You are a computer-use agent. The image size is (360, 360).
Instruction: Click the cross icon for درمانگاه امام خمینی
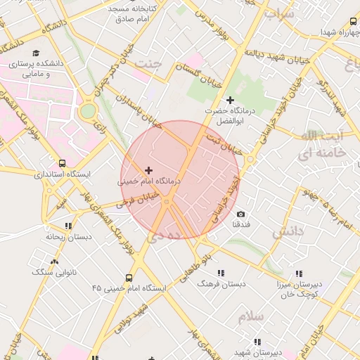pos(148,170)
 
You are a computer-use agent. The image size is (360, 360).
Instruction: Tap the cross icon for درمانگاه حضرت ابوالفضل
pos(230,101)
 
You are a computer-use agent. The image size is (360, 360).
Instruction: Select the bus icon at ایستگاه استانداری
pos(63,163)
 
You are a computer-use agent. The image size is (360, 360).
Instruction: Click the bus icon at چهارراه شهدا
pos(352,22)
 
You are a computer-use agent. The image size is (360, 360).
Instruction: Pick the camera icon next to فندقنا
pos(241,214)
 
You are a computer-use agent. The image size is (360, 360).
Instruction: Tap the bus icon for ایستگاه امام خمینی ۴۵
pos(129,278)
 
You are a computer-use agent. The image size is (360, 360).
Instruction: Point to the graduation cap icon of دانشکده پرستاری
pos(36,53)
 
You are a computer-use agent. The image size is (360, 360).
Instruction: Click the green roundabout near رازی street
pos(87,111)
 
